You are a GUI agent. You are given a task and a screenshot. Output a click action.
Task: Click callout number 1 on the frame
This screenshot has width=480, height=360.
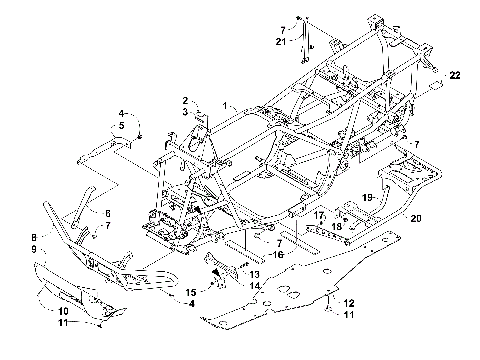coord(227,105)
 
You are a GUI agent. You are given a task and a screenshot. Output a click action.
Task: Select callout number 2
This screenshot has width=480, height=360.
coord(185,101)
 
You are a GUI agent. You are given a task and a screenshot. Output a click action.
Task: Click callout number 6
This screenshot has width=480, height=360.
coord(108,213)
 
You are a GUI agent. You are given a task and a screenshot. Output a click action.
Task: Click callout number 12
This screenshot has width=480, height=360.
coord(349,302)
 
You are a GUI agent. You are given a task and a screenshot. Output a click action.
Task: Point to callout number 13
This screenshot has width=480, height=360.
coord(255,273)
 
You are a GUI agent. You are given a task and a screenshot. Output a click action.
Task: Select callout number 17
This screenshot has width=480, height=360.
coord(321,215)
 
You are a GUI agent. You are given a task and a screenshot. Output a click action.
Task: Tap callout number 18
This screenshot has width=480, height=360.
coord(337,227)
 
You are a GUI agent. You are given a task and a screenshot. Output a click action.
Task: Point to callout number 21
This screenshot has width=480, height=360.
coord(281,41)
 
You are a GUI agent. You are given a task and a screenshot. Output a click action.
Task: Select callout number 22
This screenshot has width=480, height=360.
coord(454,76)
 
